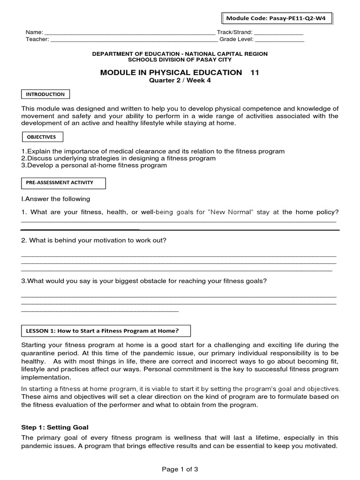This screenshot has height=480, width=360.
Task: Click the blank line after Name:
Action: coord(129,33)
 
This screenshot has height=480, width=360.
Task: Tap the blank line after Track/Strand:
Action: coord(278,33)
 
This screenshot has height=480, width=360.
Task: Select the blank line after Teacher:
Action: coord(134,40)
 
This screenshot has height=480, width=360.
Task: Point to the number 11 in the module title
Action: coord(255,72)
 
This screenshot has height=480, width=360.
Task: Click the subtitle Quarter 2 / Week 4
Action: coord(180,80)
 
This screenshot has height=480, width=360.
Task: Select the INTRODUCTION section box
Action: coord(45,94)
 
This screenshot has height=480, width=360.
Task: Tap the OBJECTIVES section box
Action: coord(42,137)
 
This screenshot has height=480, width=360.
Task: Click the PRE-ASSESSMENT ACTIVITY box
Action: coord(64,183)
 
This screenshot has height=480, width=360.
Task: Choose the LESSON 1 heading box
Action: coord(106,331)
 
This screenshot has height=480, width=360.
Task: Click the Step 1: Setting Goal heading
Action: coord(55,427)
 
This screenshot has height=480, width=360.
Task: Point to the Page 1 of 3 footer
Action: coord(180,469)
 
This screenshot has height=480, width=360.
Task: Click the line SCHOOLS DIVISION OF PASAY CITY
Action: coord(180,60)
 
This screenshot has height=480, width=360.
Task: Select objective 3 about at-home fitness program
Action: coord(94,165)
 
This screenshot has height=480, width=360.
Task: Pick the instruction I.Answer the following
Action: coord(56,199)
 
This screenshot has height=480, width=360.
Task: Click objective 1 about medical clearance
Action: coord(153,151)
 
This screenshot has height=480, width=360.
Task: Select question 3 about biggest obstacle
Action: coord(144,281)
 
